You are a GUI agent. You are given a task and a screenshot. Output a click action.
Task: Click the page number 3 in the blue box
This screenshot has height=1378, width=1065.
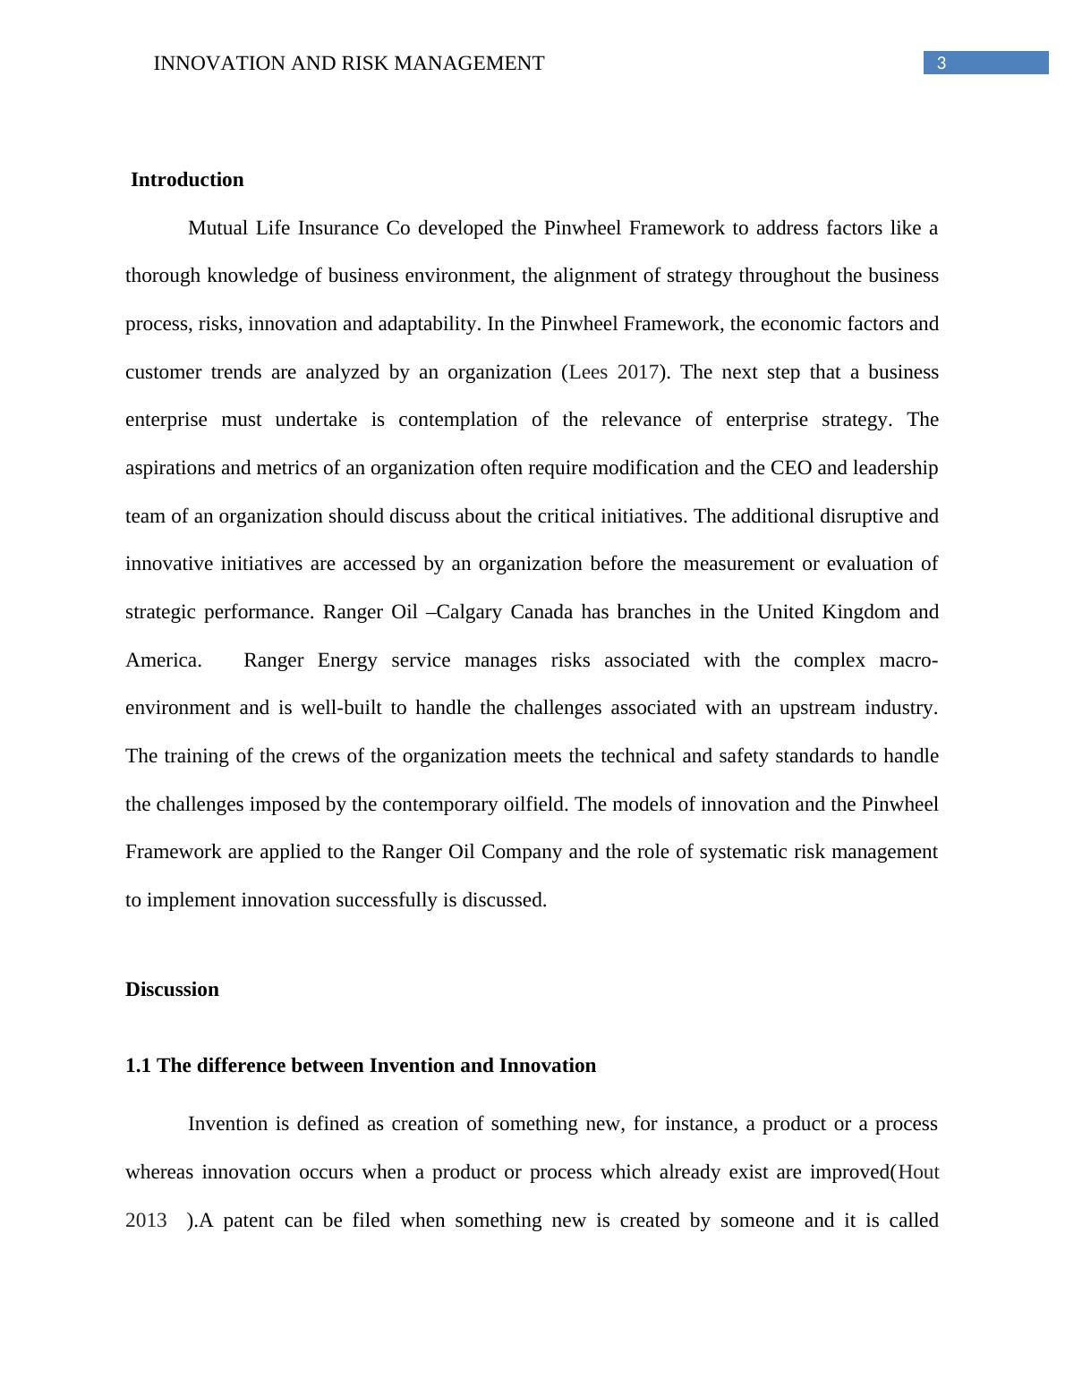[x=941, y=64]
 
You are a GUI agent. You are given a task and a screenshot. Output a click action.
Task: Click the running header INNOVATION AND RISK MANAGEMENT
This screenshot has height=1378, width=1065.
[x=349, y=64]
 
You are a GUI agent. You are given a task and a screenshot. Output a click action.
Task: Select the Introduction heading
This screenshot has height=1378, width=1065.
[x=187, y=180]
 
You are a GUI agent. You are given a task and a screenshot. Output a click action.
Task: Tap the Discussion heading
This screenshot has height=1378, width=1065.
[x=172, y=990]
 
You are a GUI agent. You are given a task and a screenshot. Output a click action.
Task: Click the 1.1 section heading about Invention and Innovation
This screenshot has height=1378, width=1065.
[x=361, y=1066]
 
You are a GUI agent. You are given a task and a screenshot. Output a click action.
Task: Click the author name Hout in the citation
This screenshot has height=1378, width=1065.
[x=918, y=1172]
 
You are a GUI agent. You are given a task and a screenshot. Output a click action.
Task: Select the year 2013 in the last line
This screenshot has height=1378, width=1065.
[x=146, y=1221]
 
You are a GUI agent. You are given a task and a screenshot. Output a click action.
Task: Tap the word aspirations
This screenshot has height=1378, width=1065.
[x=171, y=468]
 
